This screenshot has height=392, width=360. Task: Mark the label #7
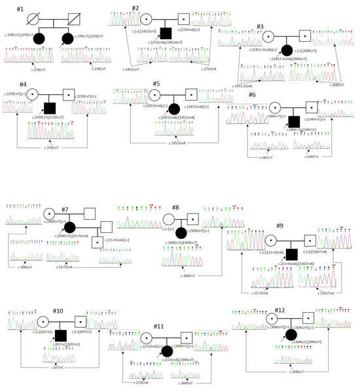pyautogui.click(x=66, y=209)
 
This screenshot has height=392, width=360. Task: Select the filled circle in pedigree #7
pyautogui.click(x=69, y=227)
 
